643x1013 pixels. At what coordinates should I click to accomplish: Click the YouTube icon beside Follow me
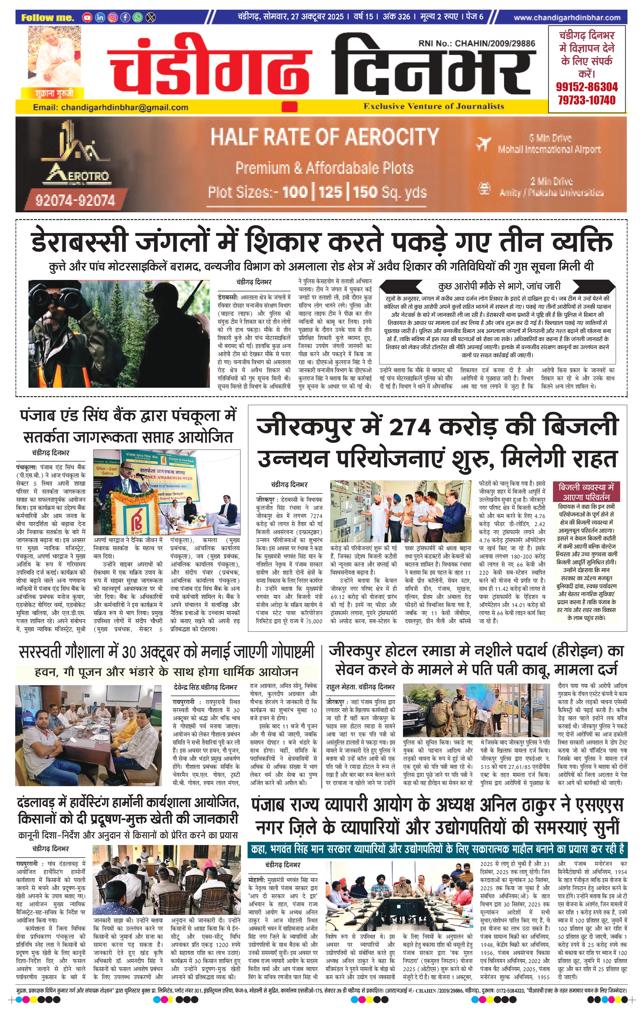pyautogui.click(x=87, y=17)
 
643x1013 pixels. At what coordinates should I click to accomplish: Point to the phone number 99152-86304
pyautogui.click(x=587, y=87)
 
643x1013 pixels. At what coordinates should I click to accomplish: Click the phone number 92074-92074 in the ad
pyautogui.click(x=75, y=200)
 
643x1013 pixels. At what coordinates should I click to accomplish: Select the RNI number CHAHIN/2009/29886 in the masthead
pyautogui.click(x=495, y=43)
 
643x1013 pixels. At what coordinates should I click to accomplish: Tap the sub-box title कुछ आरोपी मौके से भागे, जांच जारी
pyautogui.click(x=499, y=286)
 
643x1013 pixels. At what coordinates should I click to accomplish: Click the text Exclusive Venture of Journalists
pyautogui.click(x=434, y=106)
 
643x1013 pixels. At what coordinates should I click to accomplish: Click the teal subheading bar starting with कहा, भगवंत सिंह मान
pyautogui.click(x=437, y=848)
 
